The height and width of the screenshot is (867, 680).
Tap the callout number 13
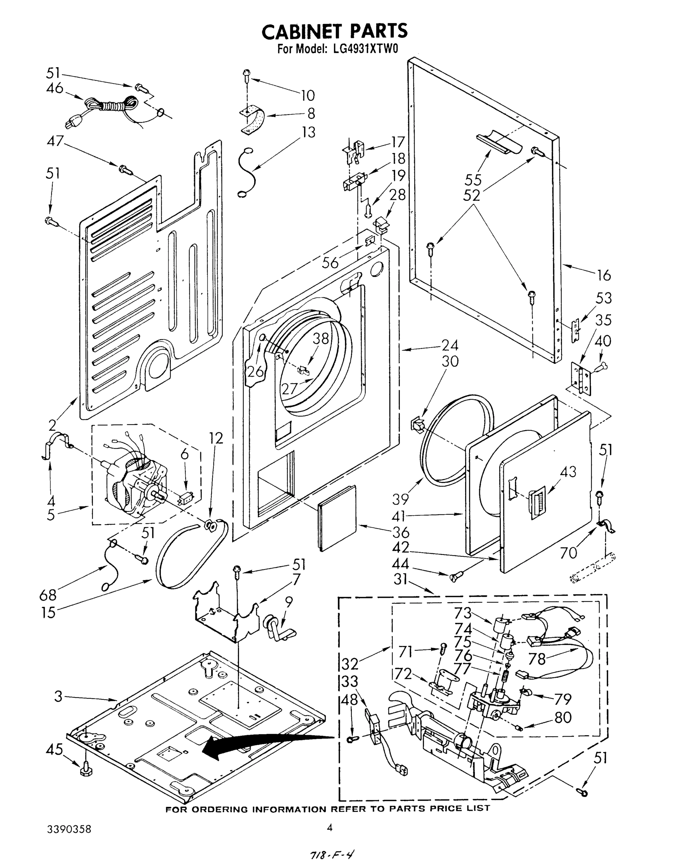pyautogui.click(x=308, y=132)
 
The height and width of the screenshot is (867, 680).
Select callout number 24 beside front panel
pyautogui.click(x=450, y=345)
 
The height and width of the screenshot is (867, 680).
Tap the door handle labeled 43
pyautogui.click(x=537, y=504)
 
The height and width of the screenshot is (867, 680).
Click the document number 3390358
pyautogui.click(x=69, y=829)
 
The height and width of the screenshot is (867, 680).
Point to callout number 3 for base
pyautogui.click(x=59, y=696)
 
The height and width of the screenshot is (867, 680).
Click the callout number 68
pyautogui.click(x=48, y=595)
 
